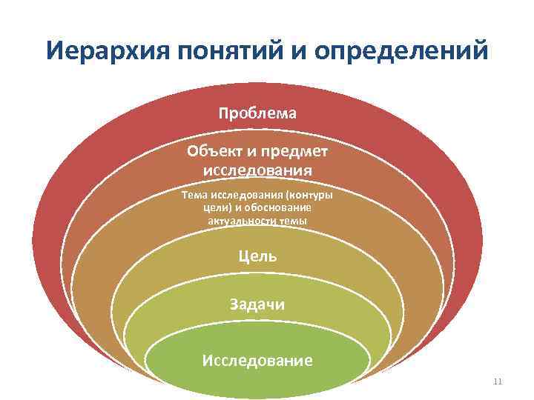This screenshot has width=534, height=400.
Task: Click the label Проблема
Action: coord(257,113)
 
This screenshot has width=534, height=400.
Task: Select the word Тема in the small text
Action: coord(193,196)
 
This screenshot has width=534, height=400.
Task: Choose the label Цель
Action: coord(257,256)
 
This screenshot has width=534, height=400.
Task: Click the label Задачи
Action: coord(257,304)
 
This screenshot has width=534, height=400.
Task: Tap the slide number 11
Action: coord(497,381)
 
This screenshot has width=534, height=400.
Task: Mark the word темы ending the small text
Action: coord(292,221)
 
